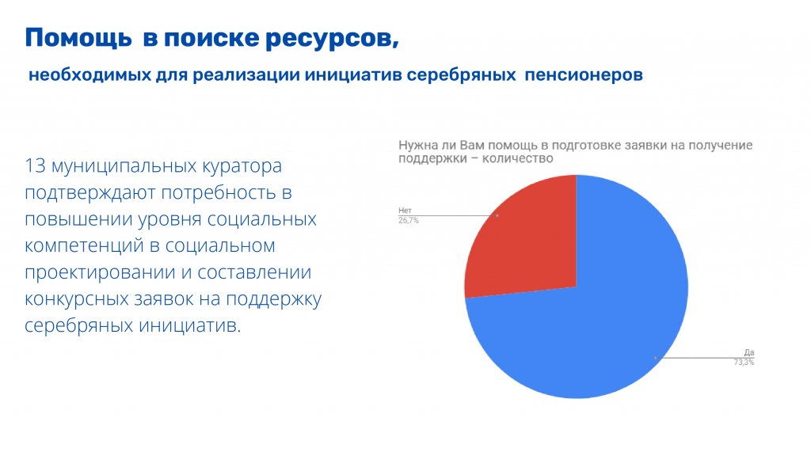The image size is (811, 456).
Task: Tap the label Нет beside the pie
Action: pos(405,211)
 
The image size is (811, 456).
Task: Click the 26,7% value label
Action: pos(409,221)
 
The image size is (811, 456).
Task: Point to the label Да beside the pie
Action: pos(749,352)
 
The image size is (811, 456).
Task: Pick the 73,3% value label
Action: pos(744,363)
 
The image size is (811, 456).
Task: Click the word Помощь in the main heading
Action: pos(78,38)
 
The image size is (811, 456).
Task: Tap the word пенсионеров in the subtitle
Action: pos(584,75)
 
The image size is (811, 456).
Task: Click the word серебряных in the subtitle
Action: pos(462,75)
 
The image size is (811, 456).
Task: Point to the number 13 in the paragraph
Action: pos(35,166)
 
